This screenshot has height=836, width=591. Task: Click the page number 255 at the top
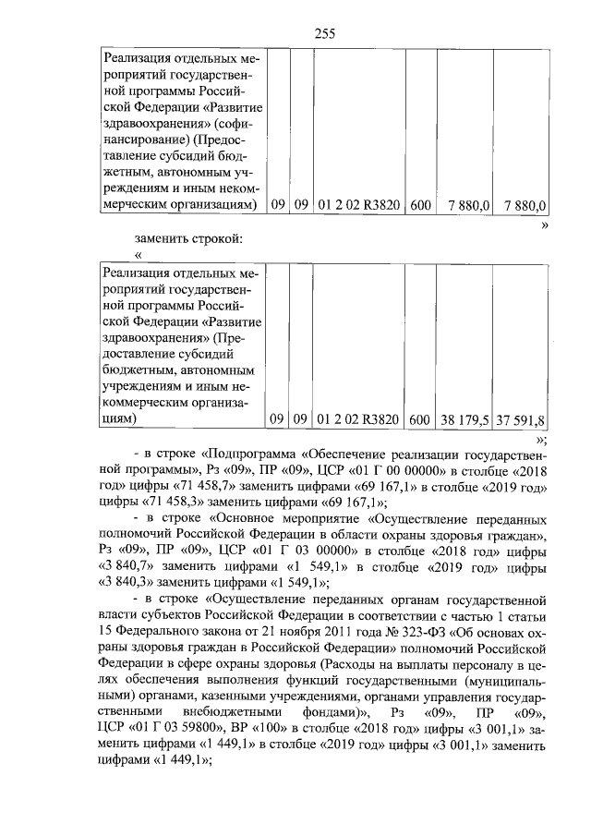pyautogui.click(x=323, y=34)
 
